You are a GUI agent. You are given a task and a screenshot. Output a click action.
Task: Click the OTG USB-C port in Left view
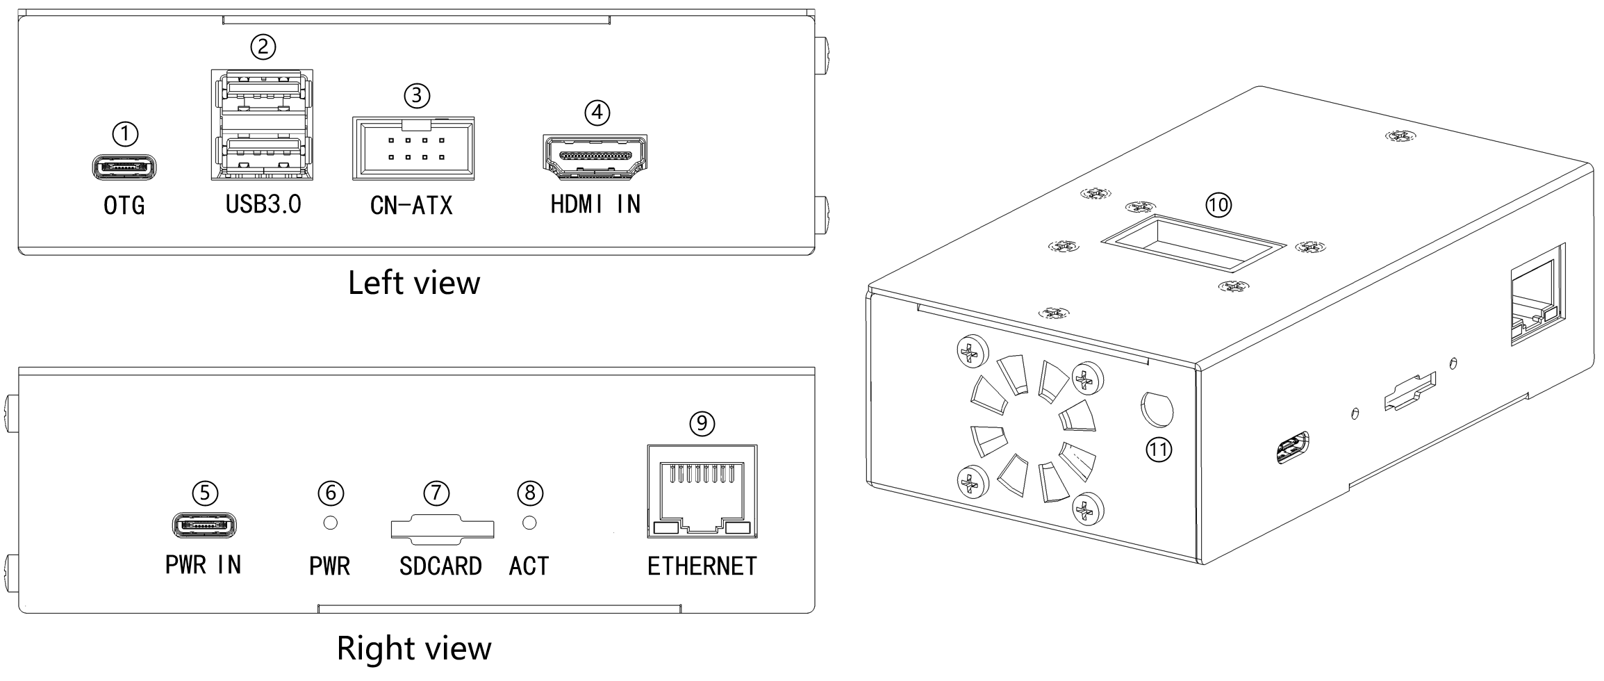point(124,167)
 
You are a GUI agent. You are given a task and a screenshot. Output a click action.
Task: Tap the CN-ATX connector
point(413,149)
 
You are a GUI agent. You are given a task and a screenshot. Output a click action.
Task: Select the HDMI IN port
point(595,154)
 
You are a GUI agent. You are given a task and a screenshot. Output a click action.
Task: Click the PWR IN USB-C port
point(204,525)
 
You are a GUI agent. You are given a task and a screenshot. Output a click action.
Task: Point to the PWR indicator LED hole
point(331,523)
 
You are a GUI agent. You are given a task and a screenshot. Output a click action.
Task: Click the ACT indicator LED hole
point(529,523)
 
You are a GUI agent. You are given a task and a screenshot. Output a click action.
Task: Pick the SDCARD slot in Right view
point(442,529)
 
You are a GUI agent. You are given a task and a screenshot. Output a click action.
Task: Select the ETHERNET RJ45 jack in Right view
point(702,491)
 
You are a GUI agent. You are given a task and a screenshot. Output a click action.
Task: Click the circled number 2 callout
point(263,47)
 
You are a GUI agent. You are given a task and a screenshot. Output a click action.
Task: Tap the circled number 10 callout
point(1218,204)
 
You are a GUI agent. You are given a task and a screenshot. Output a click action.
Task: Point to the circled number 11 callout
point(1158,450)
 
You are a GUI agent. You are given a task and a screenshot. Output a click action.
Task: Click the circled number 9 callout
point(702,422)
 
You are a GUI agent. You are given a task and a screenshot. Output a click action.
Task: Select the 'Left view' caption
point(414,283)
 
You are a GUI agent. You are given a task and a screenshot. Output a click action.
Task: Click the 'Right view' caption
point(414,648)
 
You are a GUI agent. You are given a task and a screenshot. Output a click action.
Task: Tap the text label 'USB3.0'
point(263,204)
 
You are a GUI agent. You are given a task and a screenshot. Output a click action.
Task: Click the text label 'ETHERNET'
point(702,566)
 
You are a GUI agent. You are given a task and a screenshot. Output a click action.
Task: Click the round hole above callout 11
point(1157,409)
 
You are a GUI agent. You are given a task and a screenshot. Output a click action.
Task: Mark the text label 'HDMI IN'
point(595,204)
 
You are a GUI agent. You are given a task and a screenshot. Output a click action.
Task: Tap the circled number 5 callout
point(204,493)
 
